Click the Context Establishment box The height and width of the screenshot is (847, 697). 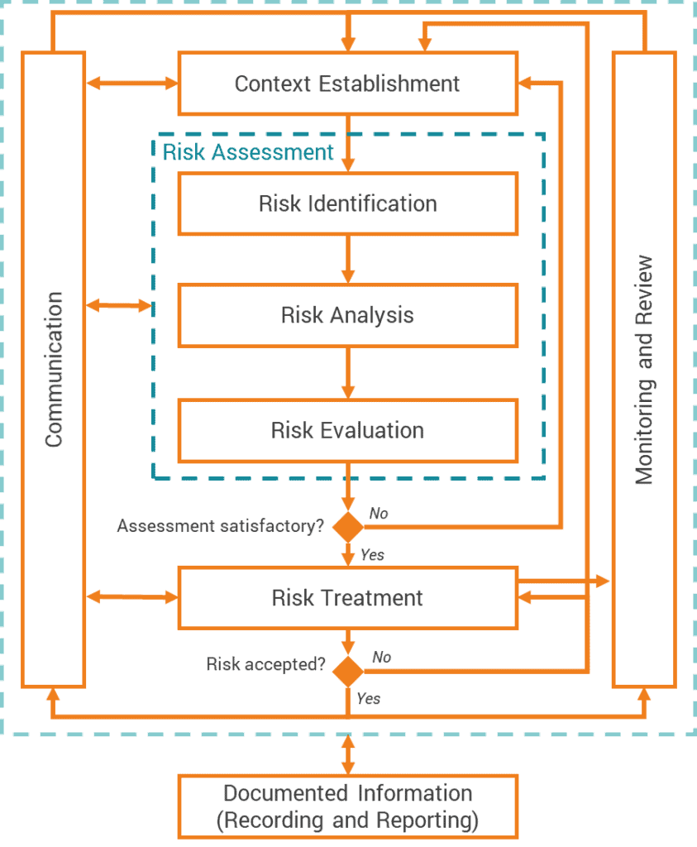tap(347, 84)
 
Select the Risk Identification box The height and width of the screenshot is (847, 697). tap(347, 203)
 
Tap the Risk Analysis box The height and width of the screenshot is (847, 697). tap(347, 315)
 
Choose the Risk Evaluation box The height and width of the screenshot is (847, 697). tap(347, 431)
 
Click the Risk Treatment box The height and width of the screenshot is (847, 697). tap(347, 598)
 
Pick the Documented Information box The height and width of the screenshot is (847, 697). tap(347, 806)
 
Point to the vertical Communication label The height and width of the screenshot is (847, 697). tap(54, 369)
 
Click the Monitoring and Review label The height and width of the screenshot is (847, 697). tap(644, 369)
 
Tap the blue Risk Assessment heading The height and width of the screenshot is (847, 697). tap(248, 152)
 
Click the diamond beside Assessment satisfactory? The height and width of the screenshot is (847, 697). tap(347, 526)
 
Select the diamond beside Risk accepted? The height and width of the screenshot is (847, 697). tap(347, 670)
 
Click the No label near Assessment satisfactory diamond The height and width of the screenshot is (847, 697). tap(379, 514)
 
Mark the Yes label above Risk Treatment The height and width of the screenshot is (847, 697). tap(372, 555)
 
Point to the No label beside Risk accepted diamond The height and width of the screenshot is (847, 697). tap(381, 657)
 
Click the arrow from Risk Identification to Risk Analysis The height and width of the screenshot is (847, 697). tap(347, 259)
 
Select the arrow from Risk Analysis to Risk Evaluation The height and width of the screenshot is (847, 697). tap(347, 373)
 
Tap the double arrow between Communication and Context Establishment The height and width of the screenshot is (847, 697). tap(132, 83)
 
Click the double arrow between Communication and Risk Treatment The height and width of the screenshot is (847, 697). tap(132, 596)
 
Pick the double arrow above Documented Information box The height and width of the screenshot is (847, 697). tap(347, 754)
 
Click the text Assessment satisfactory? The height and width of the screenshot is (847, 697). tap(220, 526)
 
